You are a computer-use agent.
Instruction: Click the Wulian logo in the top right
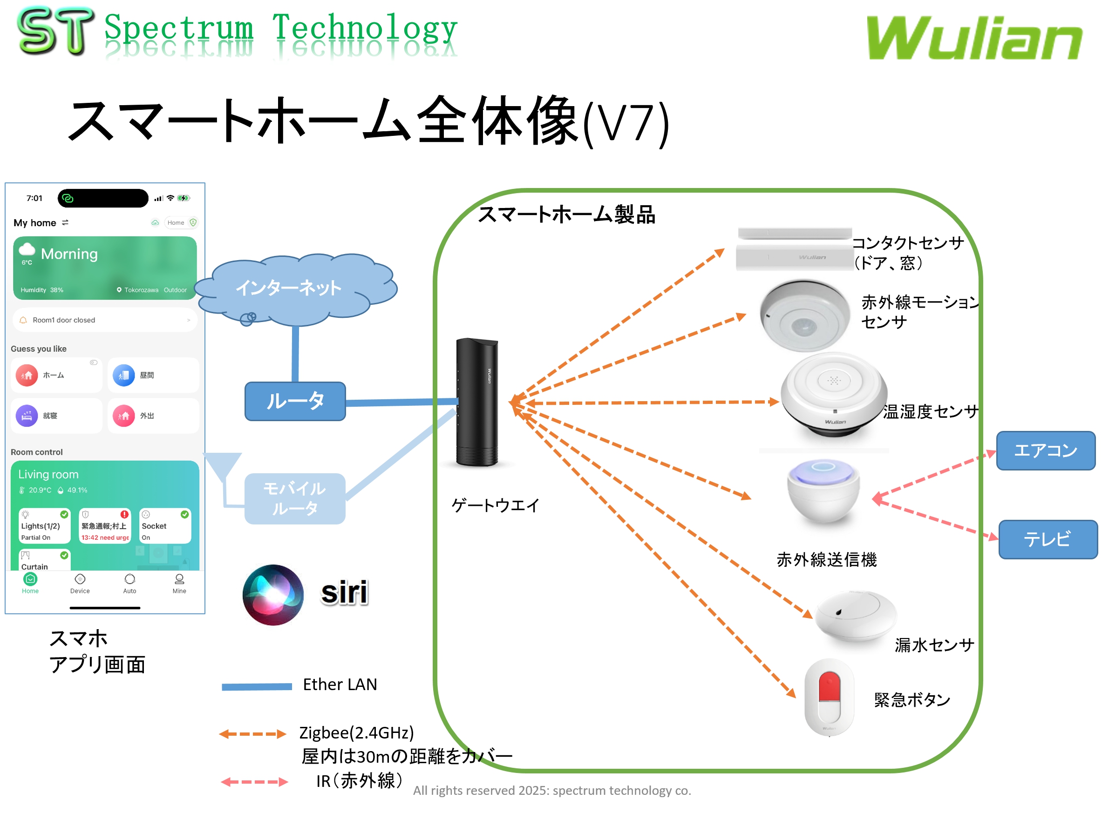click(x=973, y=38)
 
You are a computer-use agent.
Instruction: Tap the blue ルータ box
click(x=295, y=401)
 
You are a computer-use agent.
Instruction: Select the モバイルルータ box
click(x=295, y=498)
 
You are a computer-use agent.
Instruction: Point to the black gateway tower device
click(x=477, y=402)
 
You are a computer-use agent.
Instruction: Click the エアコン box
click(x=1045, y=450)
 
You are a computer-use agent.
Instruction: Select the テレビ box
click(x=1047, y=539)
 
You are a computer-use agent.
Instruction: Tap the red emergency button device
click(x=829, y=697)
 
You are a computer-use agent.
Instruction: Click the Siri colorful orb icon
click(x=273, y=594)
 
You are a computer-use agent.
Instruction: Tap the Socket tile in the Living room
click(x=165, y=526)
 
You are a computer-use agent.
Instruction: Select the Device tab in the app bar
click(x=80, y=584)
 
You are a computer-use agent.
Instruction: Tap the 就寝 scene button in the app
click(x=56, y=416)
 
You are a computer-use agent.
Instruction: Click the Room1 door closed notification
click(x=105, y=320)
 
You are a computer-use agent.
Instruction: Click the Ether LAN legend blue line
click(x=257, y=686)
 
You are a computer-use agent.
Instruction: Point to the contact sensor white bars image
click(x=795, y=249)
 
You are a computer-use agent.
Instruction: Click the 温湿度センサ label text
click(x=931, y=412)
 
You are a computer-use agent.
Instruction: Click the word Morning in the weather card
click(x=69, y=254)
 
